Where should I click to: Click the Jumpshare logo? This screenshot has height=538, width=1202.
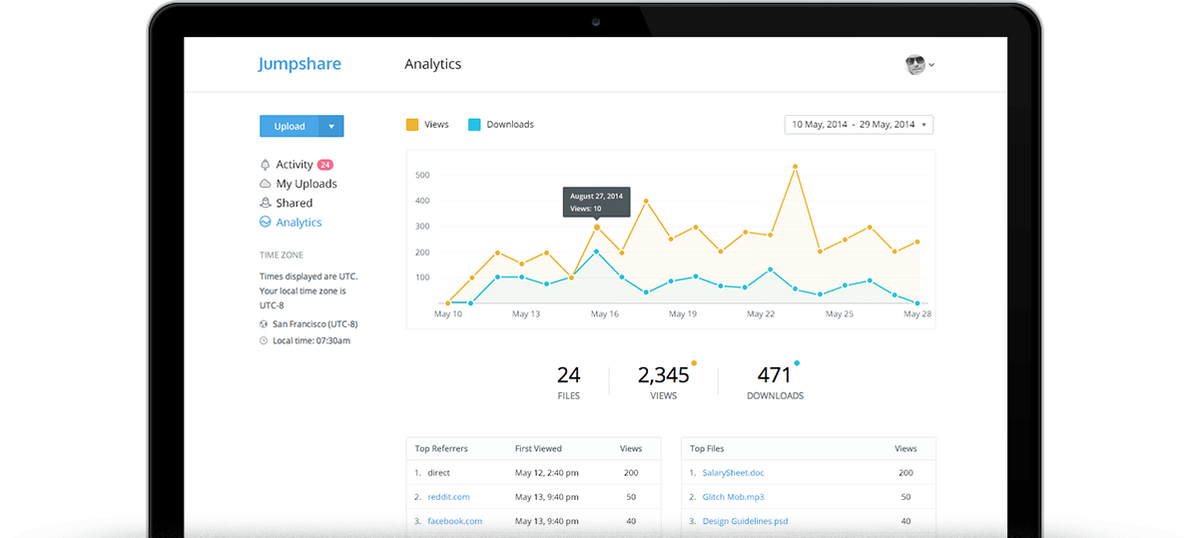(x=300, y=64)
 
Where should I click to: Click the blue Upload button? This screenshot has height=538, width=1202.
(x=290, y=127)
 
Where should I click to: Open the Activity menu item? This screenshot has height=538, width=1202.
(x=294, y=165)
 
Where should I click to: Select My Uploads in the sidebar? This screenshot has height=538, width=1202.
(x=305, y=184)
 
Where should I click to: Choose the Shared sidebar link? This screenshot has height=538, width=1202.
(x=294, y=203)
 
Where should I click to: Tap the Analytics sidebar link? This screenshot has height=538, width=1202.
(x=299, y=223)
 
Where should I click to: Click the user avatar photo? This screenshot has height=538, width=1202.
(x=915, y=65)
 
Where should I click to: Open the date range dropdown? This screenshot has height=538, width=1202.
(x=859, y=125)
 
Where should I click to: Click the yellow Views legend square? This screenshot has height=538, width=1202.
(x=412, y=125)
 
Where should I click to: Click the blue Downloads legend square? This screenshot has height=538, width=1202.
(x=474, y=125)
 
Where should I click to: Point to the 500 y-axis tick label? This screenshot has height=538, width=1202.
(x=421, y=176)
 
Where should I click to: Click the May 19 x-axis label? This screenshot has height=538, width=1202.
(x=683, y=314)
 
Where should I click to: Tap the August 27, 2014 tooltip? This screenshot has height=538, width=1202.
(x=596, y=202)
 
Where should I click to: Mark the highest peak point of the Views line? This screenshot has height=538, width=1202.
(x=795, y=167)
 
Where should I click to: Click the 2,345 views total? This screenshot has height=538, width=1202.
(x=663, y=375)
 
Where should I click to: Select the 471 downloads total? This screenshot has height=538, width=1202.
(x=774, y=375)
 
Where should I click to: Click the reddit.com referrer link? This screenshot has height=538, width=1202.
(x=448, y=497)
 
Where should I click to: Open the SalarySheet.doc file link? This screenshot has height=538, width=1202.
(x=733, y=473)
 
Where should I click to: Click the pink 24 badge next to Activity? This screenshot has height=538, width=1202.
(x=325, y=165)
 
